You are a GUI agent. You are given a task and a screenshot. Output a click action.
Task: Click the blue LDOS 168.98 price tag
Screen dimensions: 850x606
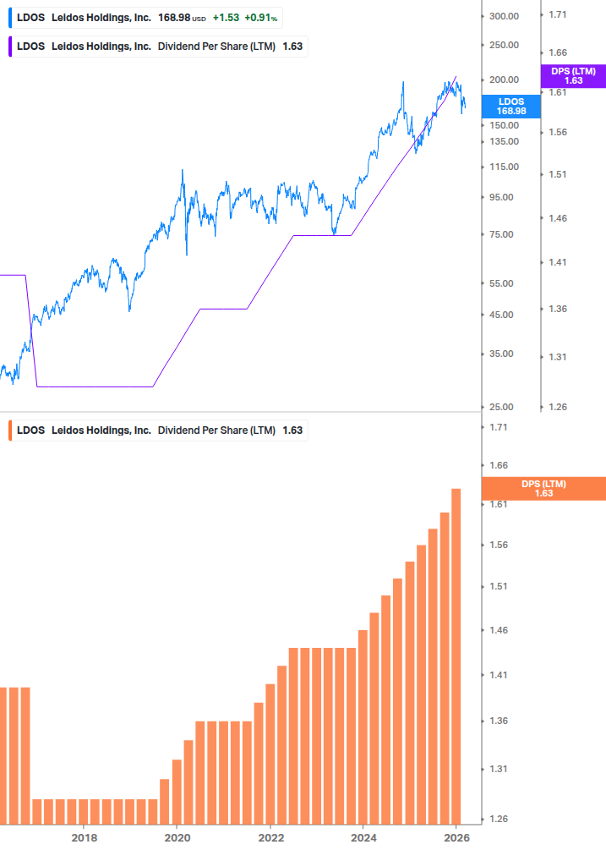[510, 106]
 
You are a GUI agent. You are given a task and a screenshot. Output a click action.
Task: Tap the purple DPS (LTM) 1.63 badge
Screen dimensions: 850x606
[573, 76]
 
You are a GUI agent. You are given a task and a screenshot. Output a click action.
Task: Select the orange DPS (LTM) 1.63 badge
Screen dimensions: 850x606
[543, 488]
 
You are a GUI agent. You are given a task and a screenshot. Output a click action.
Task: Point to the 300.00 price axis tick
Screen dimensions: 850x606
[504, 16]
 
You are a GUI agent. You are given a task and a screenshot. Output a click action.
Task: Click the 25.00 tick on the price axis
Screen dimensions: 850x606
[504, 408]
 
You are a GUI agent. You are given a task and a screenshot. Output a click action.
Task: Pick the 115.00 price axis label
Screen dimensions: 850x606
[504, 167]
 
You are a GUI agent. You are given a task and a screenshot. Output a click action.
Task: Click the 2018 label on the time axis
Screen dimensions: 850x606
[84, 837]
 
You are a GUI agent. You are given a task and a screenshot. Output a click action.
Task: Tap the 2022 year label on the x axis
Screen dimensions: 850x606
[270, 837]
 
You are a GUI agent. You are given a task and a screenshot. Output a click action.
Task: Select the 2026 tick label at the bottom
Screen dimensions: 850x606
[456, 837]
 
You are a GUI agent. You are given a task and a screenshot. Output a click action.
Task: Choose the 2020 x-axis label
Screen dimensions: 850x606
[177, 837]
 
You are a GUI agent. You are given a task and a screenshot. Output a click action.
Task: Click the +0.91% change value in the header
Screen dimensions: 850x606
[262, 17]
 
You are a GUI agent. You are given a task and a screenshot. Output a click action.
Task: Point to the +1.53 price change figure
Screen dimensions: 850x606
[225, 17]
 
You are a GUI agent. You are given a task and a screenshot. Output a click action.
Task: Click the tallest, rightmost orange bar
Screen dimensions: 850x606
[456, 655]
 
